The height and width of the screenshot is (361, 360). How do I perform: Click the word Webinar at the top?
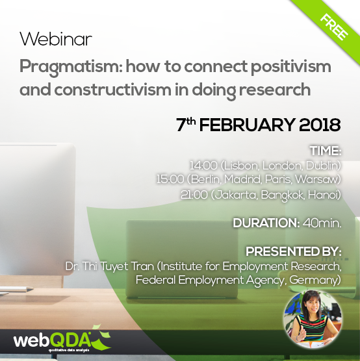[56, 39]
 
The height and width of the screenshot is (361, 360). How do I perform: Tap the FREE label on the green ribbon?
[334, 27]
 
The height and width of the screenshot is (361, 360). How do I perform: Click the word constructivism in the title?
[113, 90]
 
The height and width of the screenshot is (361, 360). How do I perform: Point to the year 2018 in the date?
[320, 125]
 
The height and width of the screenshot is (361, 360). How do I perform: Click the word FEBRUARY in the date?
[247, 125]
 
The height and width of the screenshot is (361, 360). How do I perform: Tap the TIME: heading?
[326, 151]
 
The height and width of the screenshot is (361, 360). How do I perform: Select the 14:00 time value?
[203, 166]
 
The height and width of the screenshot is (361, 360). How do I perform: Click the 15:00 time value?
[170, 179]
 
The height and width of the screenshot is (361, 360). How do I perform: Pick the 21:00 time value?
[194, 195]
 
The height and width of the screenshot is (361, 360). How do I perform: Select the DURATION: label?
[266, 223]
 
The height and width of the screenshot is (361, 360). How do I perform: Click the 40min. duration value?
[322, 223]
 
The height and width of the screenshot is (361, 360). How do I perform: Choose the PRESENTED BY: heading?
[293, 251]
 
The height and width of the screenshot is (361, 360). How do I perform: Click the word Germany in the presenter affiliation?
[313, 280]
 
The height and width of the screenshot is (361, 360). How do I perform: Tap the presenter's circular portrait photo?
[313, 319]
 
